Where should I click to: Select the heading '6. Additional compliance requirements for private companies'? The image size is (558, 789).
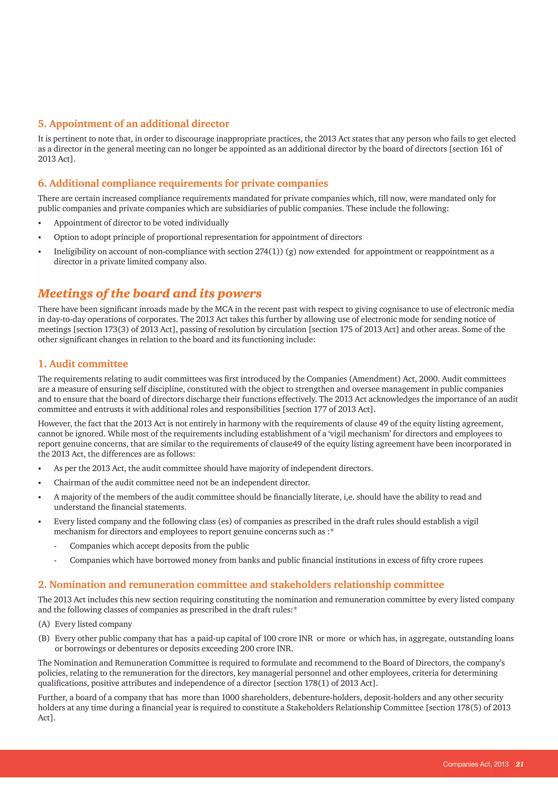183,184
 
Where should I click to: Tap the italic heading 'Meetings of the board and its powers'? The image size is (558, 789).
150,293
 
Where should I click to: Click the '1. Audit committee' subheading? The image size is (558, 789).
83,364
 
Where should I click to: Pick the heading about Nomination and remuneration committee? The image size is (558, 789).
241,585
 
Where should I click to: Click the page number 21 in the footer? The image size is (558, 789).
520,764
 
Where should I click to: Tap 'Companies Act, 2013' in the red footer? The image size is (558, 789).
475,764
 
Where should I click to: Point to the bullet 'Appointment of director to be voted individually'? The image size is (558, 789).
141,223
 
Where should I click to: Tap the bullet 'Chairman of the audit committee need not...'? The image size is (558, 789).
182,483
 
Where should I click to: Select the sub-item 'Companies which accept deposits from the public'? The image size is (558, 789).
159,546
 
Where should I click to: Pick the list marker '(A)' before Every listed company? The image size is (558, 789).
44,624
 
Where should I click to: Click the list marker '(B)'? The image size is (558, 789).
44,639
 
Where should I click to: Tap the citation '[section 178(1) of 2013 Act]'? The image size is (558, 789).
325,683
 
